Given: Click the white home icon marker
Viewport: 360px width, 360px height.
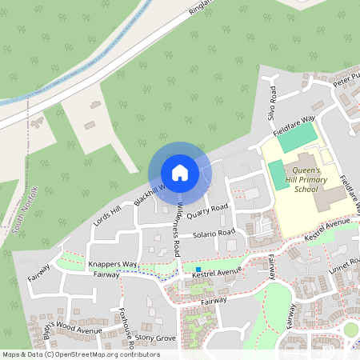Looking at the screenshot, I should tap(180, 172).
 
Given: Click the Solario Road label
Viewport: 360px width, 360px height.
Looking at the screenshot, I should tap(217, 233).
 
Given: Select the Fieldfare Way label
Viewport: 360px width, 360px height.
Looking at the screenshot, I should tap(294, 126).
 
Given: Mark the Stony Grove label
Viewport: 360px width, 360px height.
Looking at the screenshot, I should tap(154, 338).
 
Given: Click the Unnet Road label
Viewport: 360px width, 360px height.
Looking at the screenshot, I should tap(344, 279).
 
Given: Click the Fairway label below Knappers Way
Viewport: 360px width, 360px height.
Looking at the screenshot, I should tap(106, 274).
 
